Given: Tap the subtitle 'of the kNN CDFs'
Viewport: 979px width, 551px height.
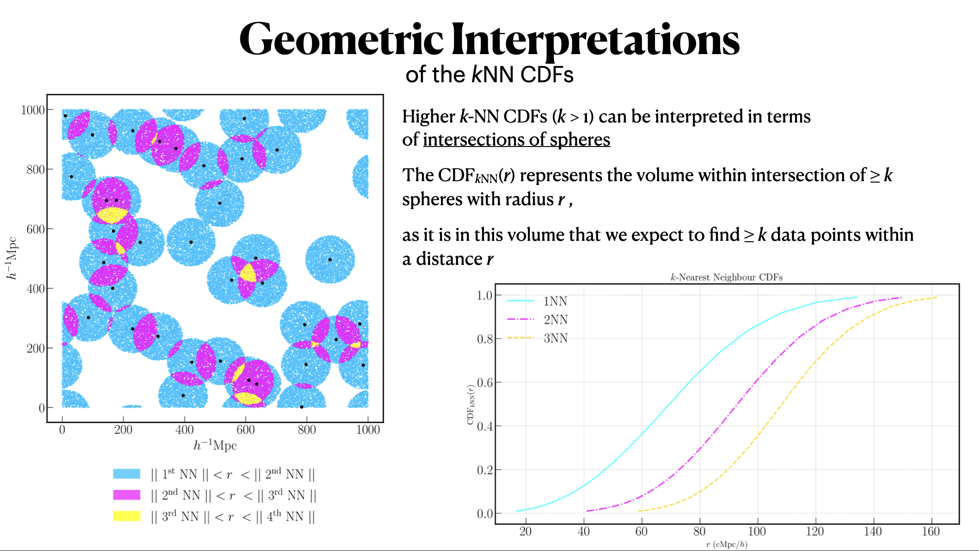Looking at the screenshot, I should [489, 75].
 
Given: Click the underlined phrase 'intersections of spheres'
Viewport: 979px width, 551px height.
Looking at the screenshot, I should [516, 140].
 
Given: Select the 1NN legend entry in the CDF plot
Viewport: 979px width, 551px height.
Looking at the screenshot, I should [555, 301].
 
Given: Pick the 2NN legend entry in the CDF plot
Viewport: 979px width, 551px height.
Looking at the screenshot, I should [555, 319].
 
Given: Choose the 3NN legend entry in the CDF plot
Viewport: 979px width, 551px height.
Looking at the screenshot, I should [555, 338].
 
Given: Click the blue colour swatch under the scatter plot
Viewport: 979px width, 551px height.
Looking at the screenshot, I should [127, 474].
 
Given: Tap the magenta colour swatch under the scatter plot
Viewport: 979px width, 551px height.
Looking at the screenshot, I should [127, 495].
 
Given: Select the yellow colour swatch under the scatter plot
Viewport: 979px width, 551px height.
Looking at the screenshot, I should [127, 516].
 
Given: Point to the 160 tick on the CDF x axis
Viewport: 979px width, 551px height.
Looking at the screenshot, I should [930, 532].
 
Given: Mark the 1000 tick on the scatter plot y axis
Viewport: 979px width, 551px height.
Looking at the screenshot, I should [33, 110].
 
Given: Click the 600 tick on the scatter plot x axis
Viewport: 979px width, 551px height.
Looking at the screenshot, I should [245, 429].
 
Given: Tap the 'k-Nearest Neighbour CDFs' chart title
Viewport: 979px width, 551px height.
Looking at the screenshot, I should [726, 277].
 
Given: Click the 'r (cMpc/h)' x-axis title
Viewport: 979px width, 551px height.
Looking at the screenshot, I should [726, 545].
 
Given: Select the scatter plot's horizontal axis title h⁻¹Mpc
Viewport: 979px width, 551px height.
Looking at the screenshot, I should [215, 445].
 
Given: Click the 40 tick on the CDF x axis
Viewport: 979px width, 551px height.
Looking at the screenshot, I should [583, 532].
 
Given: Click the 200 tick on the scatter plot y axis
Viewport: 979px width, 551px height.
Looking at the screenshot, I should [36, 348].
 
